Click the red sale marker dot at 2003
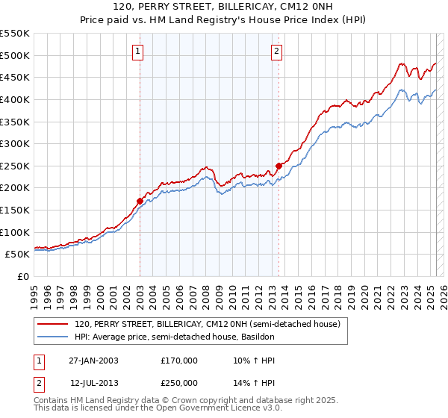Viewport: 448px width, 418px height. (140, 201)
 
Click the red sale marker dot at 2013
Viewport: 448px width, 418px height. (279, 166)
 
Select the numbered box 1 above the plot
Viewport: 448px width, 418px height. (139, 52)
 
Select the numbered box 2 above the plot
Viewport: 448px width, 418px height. (276, 52)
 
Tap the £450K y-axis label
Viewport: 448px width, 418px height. (16, 77)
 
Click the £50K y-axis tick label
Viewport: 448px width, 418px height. (19, 254)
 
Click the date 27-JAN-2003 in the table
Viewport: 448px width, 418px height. (93, 361)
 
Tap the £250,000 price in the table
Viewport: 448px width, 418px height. (179, 382)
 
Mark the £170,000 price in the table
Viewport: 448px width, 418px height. (179, 361)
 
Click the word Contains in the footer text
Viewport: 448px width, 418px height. (52, 400)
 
